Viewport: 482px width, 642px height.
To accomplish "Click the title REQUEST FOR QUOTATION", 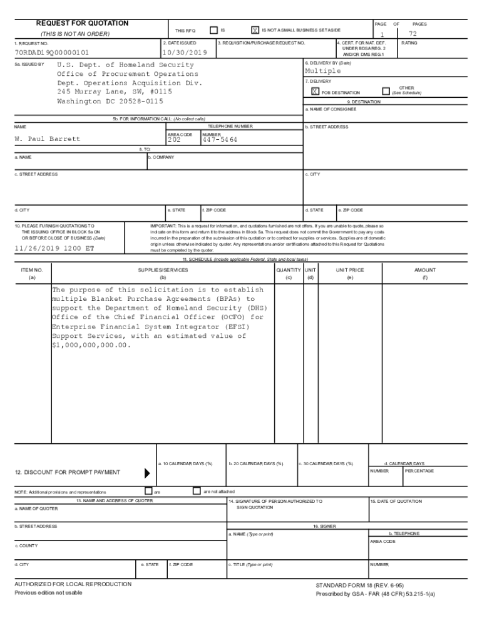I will click(x=82, y=23).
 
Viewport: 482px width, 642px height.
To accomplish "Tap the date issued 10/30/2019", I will click(x=185, y=53).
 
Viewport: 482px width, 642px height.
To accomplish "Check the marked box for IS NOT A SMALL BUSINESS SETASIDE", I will click(x=255, y=30).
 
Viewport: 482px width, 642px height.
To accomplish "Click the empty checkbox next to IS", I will click(x=213, y=30).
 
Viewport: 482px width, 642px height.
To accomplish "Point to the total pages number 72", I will click(x=413, y=34).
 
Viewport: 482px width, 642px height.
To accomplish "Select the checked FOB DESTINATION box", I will click(x=315, y=92).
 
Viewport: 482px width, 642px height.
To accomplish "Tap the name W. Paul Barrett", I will click(x=48, y=139).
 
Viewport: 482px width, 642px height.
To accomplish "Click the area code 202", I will click(x=174, y=140).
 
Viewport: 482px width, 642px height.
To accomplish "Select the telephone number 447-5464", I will click(x=220, y=140).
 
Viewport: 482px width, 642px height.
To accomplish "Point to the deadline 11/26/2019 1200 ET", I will click(x=54, y=248).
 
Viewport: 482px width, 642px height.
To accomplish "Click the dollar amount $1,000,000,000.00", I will click(x=92, y=345).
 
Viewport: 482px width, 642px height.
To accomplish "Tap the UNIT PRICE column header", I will click(x=349, y=270).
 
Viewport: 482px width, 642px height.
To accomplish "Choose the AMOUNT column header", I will click(x=425, y=270).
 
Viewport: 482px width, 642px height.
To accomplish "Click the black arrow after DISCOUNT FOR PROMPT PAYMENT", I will click(x=147, y=473).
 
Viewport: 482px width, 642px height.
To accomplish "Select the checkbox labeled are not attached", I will click(x=197, y=491).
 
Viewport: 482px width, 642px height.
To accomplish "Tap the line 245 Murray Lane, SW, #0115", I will click(x=114, y=92).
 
